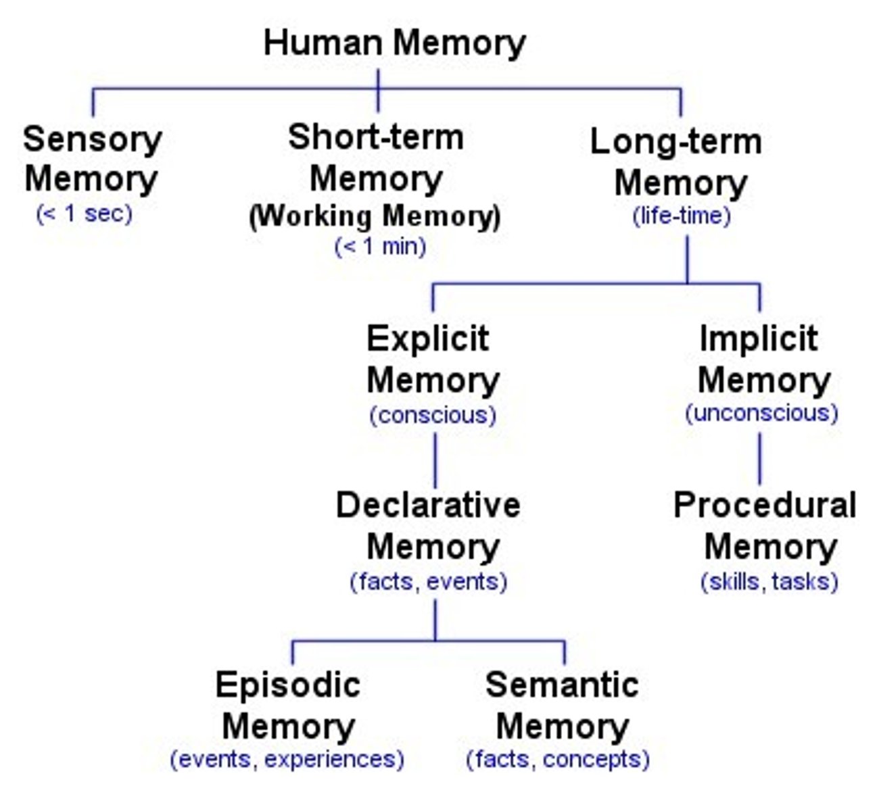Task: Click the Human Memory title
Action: click(394, 43)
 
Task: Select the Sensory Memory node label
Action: click(92, 159)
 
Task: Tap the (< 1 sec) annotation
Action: click(84, 214)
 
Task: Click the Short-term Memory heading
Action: click(376, 157)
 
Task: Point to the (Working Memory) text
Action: click(375, 216)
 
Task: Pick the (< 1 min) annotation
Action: click(380, 246)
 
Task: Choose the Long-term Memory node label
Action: click(677, 162)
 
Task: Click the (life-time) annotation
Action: click(682, 216)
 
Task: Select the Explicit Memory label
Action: click(431, 359)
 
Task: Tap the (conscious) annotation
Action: click(433, 414)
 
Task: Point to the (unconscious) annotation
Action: click(761, 413)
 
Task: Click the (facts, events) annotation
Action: click(429, 581)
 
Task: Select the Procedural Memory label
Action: click(765, 525)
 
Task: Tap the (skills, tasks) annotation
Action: click(769, 581)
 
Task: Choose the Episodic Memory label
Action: click(288, 706)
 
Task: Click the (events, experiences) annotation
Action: click(287, 759)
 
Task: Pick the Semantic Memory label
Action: click(561, 706)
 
